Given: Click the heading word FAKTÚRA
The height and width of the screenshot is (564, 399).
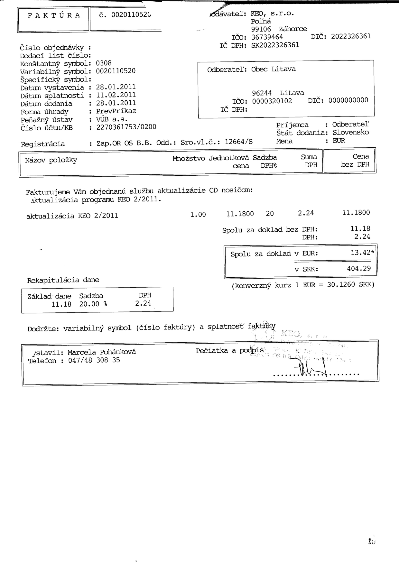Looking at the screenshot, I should pos(54,16).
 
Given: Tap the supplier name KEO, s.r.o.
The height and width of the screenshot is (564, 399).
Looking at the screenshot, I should pos(272,14).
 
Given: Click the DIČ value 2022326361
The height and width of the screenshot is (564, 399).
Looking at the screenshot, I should pos(351,36).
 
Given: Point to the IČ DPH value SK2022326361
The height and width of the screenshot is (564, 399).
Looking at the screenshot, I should pos(275,45).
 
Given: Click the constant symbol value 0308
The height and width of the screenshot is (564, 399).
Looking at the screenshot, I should pos(104,63).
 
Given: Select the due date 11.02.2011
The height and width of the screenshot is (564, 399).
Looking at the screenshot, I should pos(116,95).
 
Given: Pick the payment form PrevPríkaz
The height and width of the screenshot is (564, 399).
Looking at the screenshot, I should pos(116,111).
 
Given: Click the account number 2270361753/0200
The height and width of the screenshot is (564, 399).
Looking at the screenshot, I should pos(126,127).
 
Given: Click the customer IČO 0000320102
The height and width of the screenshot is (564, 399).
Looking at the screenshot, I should pos(272,101).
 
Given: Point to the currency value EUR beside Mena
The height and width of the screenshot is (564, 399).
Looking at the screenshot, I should pos(339,141).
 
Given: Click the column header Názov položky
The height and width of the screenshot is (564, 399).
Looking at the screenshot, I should pos(51,160).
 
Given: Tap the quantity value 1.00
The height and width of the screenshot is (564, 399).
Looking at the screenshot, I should pos(198,214).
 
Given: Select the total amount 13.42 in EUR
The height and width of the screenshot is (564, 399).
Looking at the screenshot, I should pos(361,253).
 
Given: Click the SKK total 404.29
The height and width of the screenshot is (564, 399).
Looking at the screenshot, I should pos(359,268).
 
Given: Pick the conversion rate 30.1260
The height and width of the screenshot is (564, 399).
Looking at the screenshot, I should pos(341,284).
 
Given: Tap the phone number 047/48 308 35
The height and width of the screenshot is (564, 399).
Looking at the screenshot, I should pos(94,360).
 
